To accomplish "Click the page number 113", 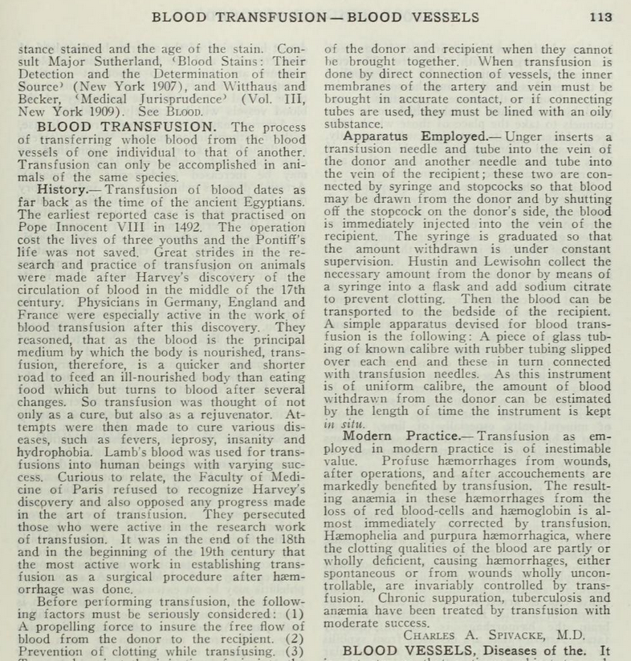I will pyautogui.click(x=600, y=16).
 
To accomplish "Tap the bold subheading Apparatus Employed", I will pyautogui.click(x=408, y=137).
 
